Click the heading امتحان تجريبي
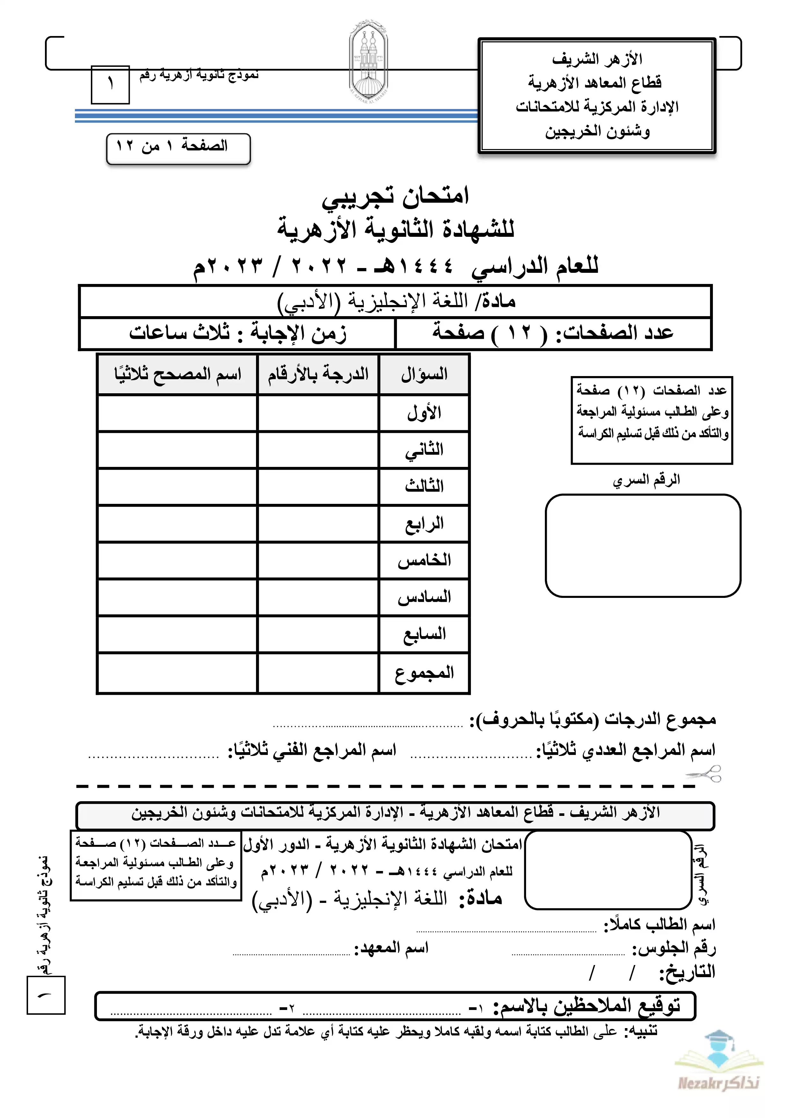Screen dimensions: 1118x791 point(395,195)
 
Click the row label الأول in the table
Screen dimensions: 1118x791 point(424,413)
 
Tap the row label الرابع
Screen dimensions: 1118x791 point(424,524)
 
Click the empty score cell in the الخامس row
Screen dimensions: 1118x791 point(318,561)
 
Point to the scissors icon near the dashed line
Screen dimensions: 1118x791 point(704,773)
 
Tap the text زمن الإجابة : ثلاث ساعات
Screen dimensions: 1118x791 point(238,334)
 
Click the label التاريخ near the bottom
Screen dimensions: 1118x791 point(687,972)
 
